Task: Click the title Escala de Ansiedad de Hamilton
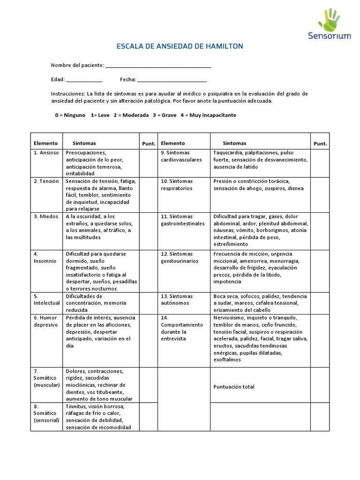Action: (180, 46)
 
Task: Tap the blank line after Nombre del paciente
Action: (158, 66)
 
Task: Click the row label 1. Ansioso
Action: (46, 153)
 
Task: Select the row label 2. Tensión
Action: (46, 181)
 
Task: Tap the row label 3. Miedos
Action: (45, 216)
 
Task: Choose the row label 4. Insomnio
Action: (45, 257)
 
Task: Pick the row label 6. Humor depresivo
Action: (45, 321)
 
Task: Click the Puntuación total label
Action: (234, 387)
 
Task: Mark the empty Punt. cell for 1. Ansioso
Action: (149, 163)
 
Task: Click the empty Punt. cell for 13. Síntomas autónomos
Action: (320, 303)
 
